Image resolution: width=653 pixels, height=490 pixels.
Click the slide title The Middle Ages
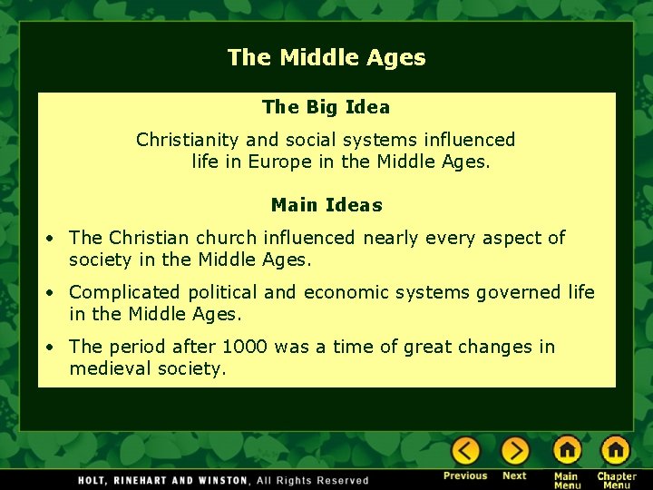coord(326,58)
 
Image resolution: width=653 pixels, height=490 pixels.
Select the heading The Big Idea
coord(326,107)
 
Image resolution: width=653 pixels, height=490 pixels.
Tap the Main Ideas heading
coord(326,205)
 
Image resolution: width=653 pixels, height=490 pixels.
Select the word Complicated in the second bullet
coord(125,292)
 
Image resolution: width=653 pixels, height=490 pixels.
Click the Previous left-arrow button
coord(466,450)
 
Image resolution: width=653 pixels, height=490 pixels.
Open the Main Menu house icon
coord(567,450)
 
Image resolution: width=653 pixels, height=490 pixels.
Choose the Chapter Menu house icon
coord(615,450)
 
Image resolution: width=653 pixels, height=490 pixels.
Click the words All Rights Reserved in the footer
coord(313,480)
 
